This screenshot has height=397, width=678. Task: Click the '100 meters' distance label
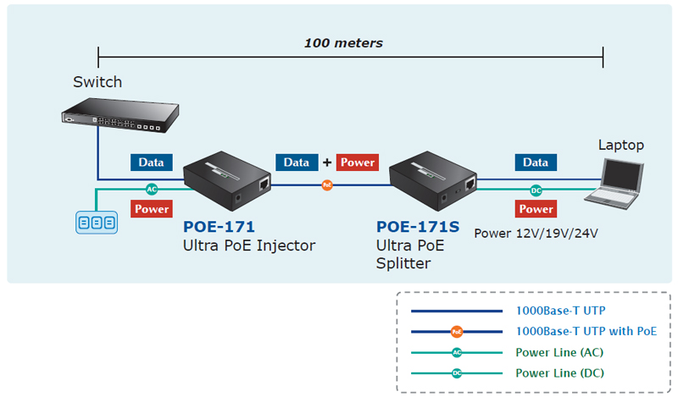[x=343, y=42]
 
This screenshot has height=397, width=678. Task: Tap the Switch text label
[x=97, y=82]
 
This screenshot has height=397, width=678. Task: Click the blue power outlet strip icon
[x=95, y=223]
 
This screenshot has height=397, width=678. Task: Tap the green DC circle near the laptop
[x=536, y=191]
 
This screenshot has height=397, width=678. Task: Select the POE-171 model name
[x=219, y=227]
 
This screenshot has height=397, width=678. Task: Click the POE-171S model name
[x=417, y=227]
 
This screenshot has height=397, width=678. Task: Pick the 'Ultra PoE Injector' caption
[x=248, y=245]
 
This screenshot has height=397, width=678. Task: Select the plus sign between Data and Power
[x=326, y=163]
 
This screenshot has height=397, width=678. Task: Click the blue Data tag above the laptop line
[x=535, y=163]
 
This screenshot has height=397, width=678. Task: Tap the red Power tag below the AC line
[x=152, y=208]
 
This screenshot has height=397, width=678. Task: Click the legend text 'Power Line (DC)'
[x=559, y=372]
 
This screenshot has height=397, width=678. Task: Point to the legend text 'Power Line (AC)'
[x=559, y=352]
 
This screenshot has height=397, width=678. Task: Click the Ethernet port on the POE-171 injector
[x=265, y=183]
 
